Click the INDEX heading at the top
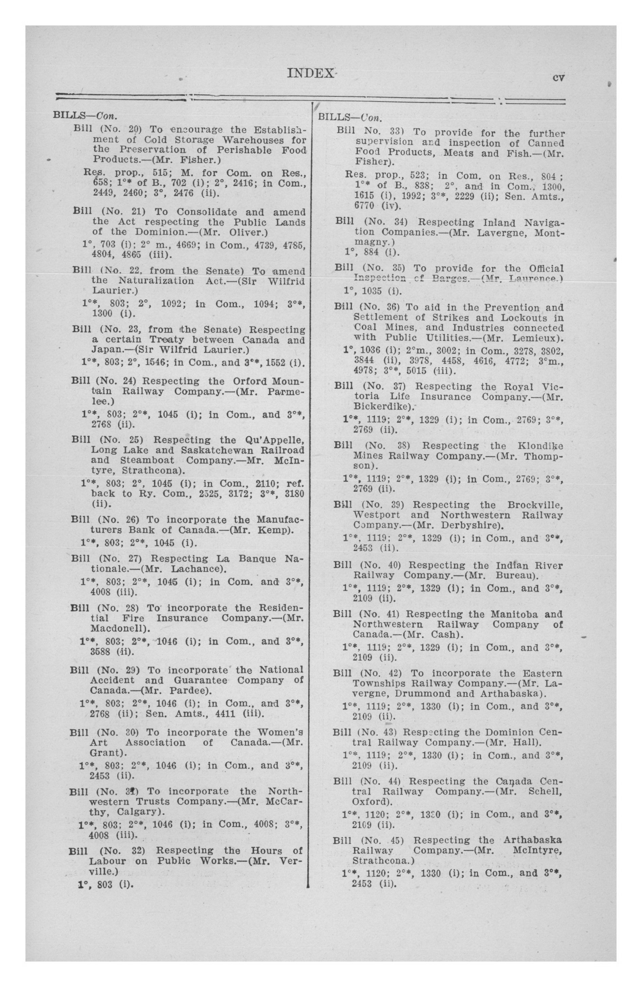pos(310,73)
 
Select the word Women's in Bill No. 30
pos(280,732)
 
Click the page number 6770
pos(364,206)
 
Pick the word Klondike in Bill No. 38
pos(540,446)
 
